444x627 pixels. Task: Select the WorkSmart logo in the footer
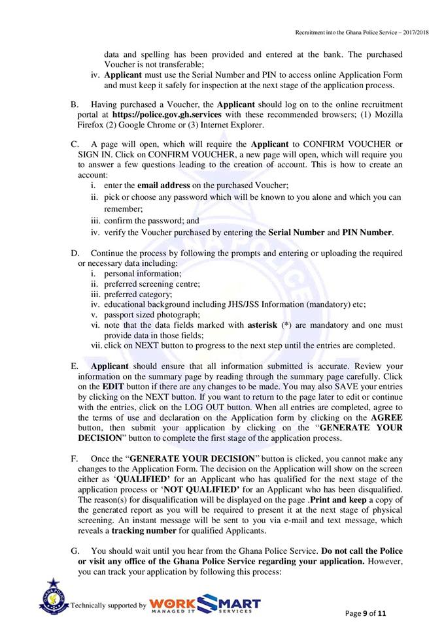click(x=205, y=604)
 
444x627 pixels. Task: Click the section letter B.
click(x=74, y=104)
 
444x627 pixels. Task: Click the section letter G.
click(x=74, y=552)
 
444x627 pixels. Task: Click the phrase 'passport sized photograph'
click(x=150, y=314)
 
